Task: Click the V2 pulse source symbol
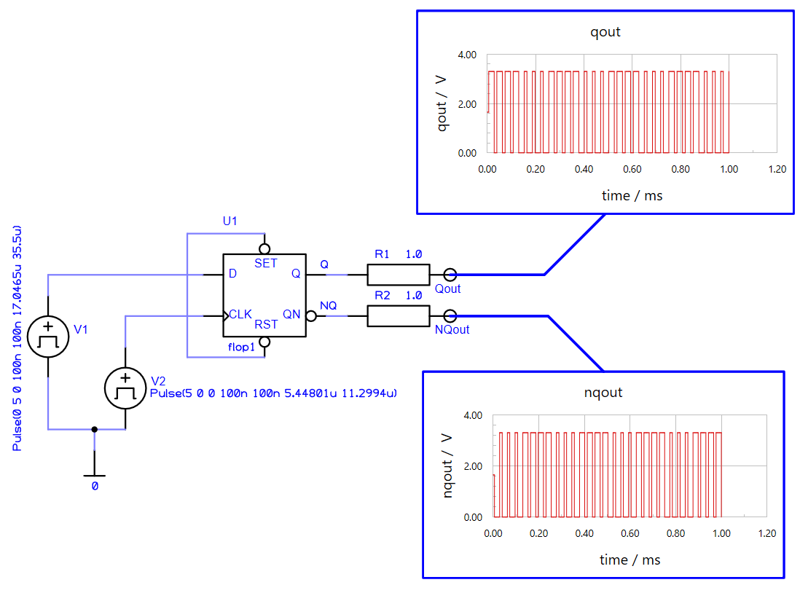(x=125, y=388)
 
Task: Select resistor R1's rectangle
(x=398, y=275)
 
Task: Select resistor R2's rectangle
(x=398, y=316)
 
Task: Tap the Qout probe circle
(x=450, y=275)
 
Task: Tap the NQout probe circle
(x=450, y=316)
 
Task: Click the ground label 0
(x=95, y=485)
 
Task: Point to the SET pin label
(x=265, y=264)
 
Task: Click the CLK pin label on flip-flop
(x=240, y=315)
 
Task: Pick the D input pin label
(x=233, y=274)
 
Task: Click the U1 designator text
(x=230, y=221)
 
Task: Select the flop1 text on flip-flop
(x=241, y=347)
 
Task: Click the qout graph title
(x=605, y=32)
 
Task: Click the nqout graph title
(x=603, y=393)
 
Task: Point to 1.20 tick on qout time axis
(x=777, y=169)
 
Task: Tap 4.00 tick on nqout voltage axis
(x=472, y=415)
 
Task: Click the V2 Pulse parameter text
(x=272, y=393)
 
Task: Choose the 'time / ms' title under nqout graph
(x=630, y=559)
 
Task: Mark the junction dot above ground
(x=94, y=429)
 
